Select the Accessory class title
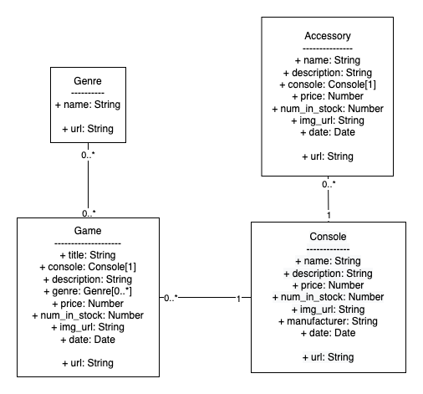[x=328, y=36]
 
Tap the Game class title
[x=88, y=231]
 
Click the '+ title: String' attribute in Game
[x=88, y=255]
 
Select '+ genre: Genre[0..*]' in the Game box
[x=88, y=290]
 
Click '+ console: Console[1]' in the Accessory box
[x=328, y=84]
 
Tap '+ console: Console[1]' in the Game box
[x=88, y=267]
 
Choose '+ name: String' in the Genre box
[x=88, y=105]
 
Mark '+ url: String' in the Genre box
[x=88, y=130]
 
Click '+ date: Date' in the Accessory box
[x=328, y=132]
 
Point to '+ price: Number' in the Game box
[x=88, y=303]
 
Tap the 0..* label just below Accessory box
[x=329, y=184]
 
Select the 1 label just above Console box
[x=329, y=214]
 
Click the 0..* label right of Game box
[x=171, y=297]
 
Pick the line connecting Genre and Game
[x=88, y=184]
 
